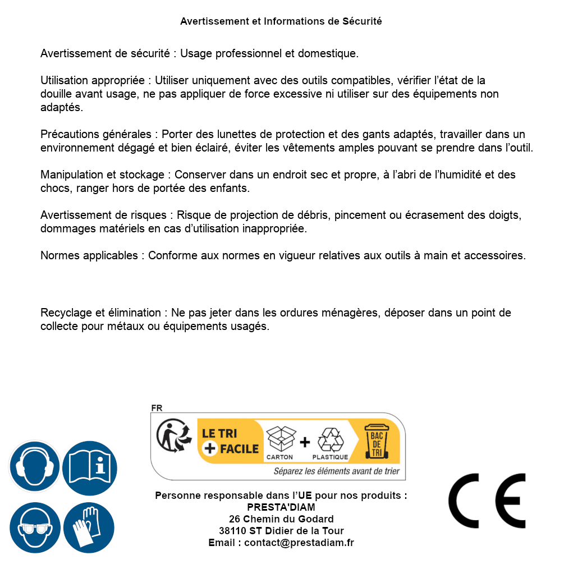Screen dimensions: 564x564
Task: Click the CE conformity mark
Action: [487, 501]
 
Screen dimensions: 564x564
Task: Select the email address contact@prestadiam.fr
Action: [299, 543]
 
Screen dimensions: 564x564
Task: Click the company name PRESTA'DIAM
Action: [281, 507]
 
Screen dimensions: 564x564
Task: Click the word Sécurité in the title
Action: [362, 21]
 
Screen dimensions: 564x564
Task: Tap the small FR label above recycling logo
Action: [157, 408]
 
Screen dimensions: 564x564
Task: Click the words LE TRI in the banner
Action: [219, 434]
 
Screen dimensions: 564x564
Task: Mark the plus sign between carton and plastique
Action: [305, 442]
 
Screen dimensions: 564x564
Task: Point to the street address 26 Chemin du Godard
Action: [281, 519]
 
